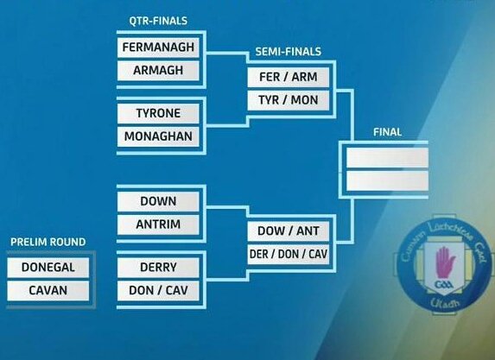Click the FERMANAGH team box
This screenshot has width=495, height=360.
pos(159,47)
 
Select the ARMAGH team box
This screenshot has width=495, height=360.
pos(159,70)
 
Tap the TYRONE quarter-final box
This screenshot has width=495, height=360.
pos(159,113)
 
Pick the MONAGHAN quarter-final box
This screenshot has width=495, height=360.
pos(159,136)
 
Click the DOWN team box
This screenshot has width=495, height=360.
pos(159,201)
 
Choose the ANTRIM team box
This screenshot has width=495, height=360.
pos(159,224)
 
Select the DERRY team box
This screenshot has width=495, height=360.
pos(159,268)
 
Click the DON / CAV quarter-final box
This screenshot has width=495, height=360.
pos(159,291)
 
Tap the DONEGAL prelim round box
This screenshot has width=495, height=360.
pos(48,268)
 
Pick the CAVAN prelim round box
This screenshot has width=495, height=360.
pos(48,291)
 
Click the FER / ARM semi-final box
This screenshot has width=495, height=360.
pos(288,77)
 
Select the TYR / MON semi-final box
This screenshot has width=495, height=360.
pos(288,100)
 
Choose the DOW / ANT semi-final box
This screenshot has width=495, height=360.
pos(288,231)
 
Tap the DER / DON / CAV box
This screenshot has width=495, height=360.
pos(288,255)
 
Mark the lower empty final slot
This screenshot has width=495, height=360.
pos(387,181)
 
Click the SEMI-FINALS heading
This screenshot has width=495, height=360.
pos(288,53)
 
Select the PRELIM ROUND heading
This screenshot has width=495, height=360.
pos(48,242)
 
